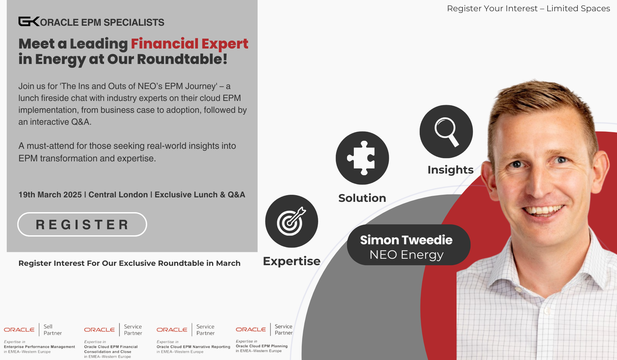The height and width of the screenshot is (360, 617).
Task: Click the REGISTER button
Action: (82, 224)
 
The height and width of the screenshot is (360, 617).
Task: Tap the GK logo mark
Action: (29, 22)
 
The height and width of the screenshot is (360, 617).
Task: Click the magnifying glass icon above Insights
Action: (446, 131)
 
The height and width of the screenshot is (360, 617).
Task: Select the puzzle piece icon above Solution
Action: (362, 158)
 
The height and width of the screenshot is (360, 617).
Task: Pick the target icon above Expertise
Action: (291, 221)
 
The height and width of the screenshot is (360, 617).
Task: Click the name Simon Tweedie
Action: (406, 240)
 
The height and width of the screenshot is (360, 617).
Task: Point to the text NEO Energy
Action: (407, 255)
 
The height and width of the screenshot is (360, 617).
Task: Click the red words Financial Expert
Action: (190, 44)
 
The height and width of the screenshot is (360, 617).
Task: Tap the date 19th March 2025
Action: (50, 195)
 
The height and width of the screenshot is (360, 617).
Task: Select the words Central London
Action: (118, 195)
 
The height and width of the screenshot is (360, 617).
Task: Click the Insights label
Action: (451, 170)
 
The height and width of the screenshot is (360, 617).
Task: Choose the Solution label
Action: (362, 198)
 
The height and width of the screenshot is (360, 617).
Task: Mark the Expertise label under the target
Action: (292, 261)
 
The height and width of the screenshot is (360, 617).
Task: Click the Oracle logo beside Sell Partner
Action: (19, 330)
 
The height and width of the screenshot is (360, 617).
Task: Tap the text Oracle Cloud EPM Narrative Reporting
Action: (193, 347)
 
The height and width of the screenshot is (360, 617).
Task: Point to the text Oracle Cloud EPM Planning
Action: (262, 346)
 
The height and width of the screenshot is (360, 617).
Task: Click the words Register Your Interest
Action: (492, 8)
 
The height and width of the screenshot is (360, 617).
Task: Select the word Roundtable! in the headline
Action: (182, 59)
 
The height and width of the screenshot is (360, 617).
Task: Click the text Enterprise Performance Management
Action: (40, 347)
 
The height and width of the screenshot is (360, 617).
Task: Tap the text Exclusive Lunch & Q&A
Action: (200, 195)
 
